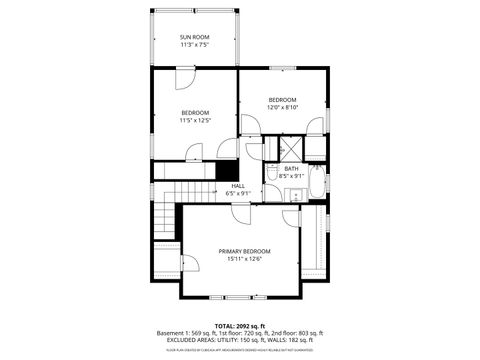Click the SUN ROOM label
tap(195, 37)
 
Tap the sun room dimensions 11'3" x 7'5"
tap(195, 45)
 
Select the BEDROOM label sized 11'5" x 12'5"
tap(195, 112)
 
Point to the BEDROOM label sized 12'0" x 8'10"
tap(283, 99)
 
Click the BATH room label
tap(291, 168)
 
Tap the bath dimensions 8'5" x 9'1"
tap(291, 176)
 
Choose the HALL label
tap(238, 185)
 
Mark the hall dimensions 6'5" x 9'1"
tap(238, 193)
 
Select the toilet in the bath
tap(272, 174)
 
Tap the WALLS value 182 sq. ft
tap(308, 340)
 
